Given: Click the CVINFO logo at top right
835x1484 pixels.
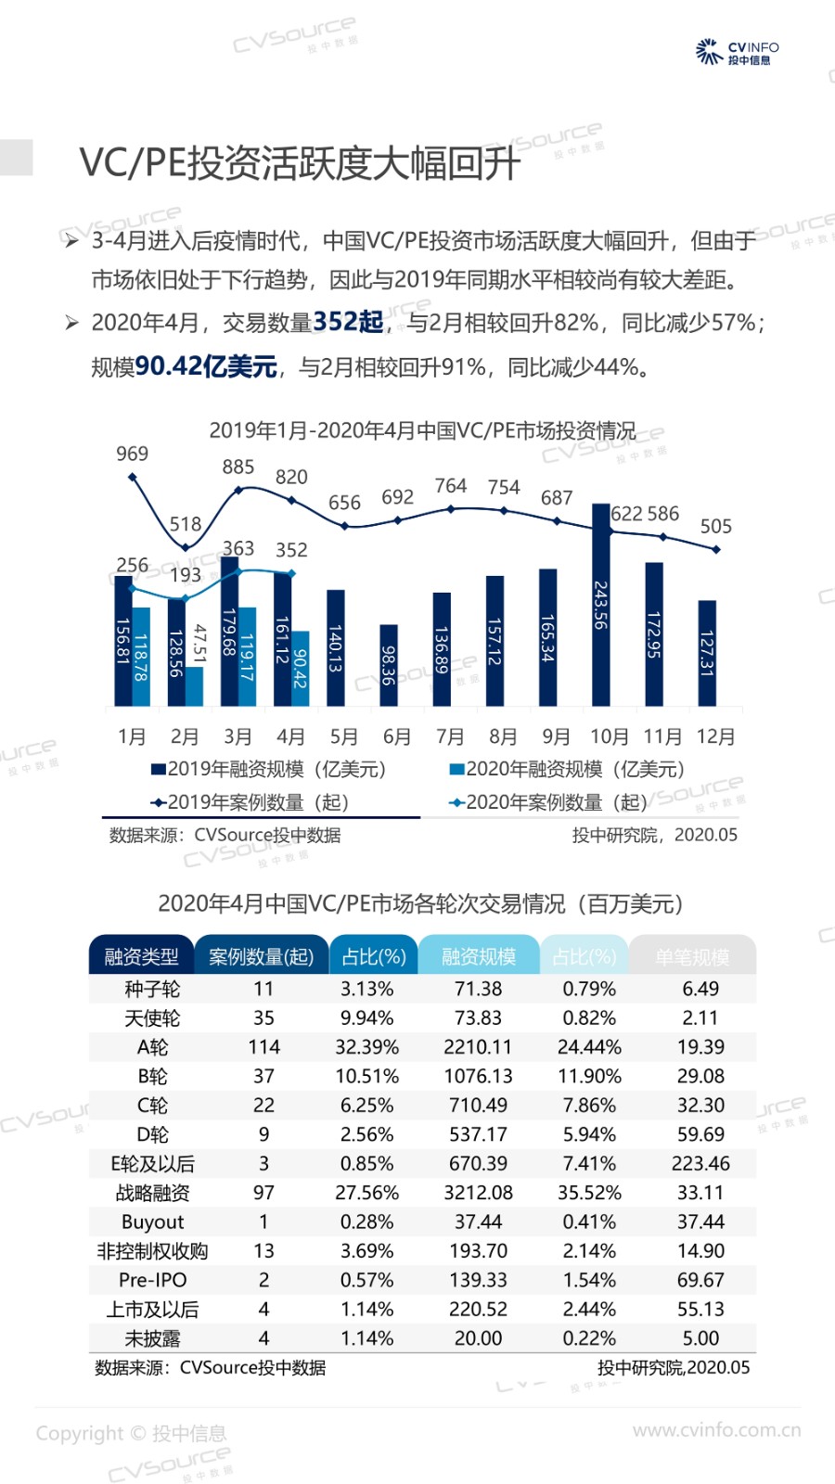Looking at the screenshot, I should coord(737,52).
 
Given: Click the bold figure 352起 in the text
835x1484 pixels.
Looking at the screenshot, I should coord(348,322).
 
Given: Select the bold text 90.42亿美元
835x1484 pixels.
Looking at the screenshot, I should coord(206,366).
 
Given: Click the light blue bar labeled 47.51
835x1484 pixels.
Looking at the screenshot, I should coord(195,686).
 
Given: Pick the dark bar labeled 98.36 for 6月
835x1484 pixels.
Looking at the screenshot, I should coord(389,665).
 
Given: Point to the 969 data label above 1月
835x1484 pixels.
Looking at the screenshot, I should coord(132,454).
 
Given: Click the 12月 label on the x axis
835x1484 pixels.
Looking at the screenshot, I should coord(715,736).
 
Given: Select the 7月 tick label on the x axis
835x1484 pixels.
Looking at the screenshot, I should coord(450,736).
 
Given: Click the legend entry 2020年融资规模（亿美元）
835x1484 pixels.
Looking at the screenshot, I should coord(567,769).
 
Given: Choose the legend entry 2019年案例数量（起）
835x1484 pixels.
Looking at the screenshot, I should coord(250,802).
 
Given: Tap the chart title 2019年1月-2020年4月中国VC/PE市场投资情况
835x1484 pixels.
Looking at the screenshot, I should coord(422,430).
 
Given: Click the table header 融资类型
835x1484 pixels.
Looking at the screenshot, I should coord(141,956).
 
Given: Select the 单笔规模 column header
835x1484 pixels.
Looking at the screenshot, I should coord(692,956).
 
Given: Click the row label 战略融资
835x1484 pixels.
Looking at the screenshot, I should coord(152,1193).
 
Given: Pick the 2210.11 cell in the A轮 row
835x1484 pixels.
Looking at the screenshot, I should coord(478,1047).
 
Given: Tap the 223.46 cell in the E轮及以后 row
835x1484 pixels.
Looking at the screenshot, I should coord(700,1163).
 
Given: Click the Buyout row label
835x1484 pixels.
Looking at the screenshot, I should coord(152,1222).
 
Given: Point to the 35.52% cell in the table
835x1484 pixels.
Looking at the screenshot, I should coord(589,1193).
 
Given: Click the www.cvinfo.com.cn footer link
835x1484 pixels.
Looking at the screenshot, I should coord(716,1430).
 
